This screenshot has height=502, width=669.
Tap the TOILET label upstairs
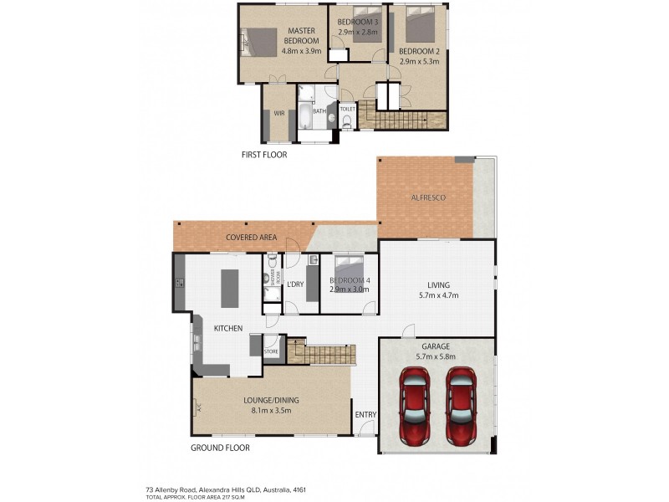(x=348, y=109)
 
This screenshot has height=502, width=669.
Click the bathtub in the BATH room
(x=304, y=117)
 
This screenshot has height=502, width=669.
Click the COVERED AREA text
(x=251, y=238)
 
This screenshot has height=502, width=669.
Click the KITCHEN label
(x=227, y=329)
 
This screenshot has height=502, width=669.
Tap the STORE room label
(x=272, y=352)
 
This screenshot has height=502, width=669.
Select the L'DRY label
(x=294, y=284)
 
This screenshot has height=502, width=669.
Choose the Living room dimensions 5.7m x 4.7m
(x=437, y=295)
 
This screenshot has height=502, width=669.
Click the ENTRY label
(x=365, y=415)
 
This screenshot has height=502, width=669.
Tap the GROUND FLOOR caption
(x=221, y=448)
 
